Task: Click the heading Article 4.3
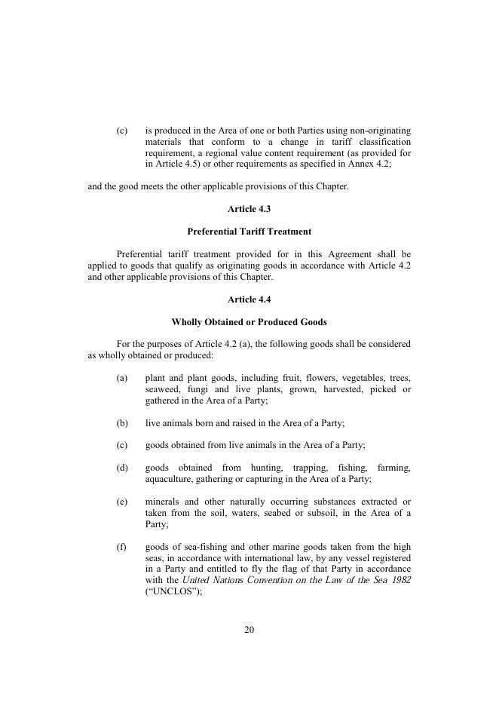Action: [x=249, y=208]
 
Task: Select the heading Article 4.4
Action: [x=249, y=299]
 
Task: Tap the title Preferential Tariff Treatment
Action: [x=249, y=232]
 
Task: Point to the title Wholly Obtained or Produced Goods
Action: [x=249, y=322]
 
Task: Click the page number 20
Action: [x=249, y=630]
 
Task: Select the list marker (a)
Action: [x=122, y=378]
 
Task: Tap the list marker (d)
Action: [x=122, y=468]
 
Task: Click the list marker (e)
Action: [x=122, y=502]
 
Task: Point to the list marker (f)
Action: [x=122, y=547]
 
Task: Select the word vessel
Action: [x=342, y=558]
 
